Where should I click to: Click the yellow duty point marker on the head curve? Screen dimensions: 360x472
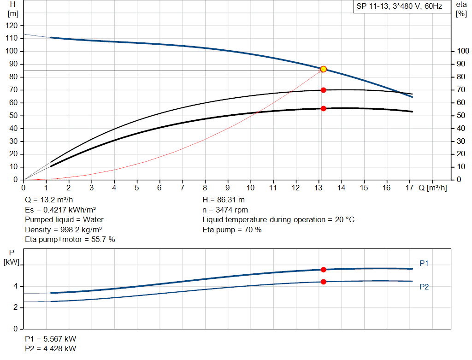323,69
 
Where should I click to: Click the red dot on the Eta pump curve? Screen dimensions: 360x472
323,90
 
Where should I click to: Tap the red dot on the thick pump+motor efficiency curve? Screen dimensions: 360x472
323,108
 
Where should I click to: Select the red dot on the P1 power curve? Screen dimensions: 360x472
323,270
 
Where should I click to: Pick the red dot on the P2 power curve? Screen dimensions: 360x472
323,282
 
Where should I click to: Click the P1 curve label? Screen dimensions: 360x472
424,263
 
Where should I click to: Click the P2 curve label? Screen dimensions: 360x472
424,287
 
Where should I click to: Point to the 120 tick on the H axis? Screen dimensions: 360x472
13,25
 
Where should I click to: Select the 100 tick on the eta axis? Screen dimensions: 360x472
461,51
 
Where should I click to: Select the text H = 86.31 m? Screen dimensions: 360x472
224,201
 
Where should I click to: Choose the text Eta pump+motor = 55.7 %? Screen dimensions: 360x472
70,239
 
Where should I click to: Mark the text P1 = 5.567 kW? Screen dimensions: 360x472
50,339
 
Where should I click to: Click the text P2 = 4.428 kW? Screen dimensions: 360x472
50,348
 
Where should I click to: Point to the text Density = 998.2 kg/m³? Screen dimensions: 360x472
63,230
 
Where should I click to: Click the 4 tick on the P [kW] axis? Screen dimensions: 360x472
16,286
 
